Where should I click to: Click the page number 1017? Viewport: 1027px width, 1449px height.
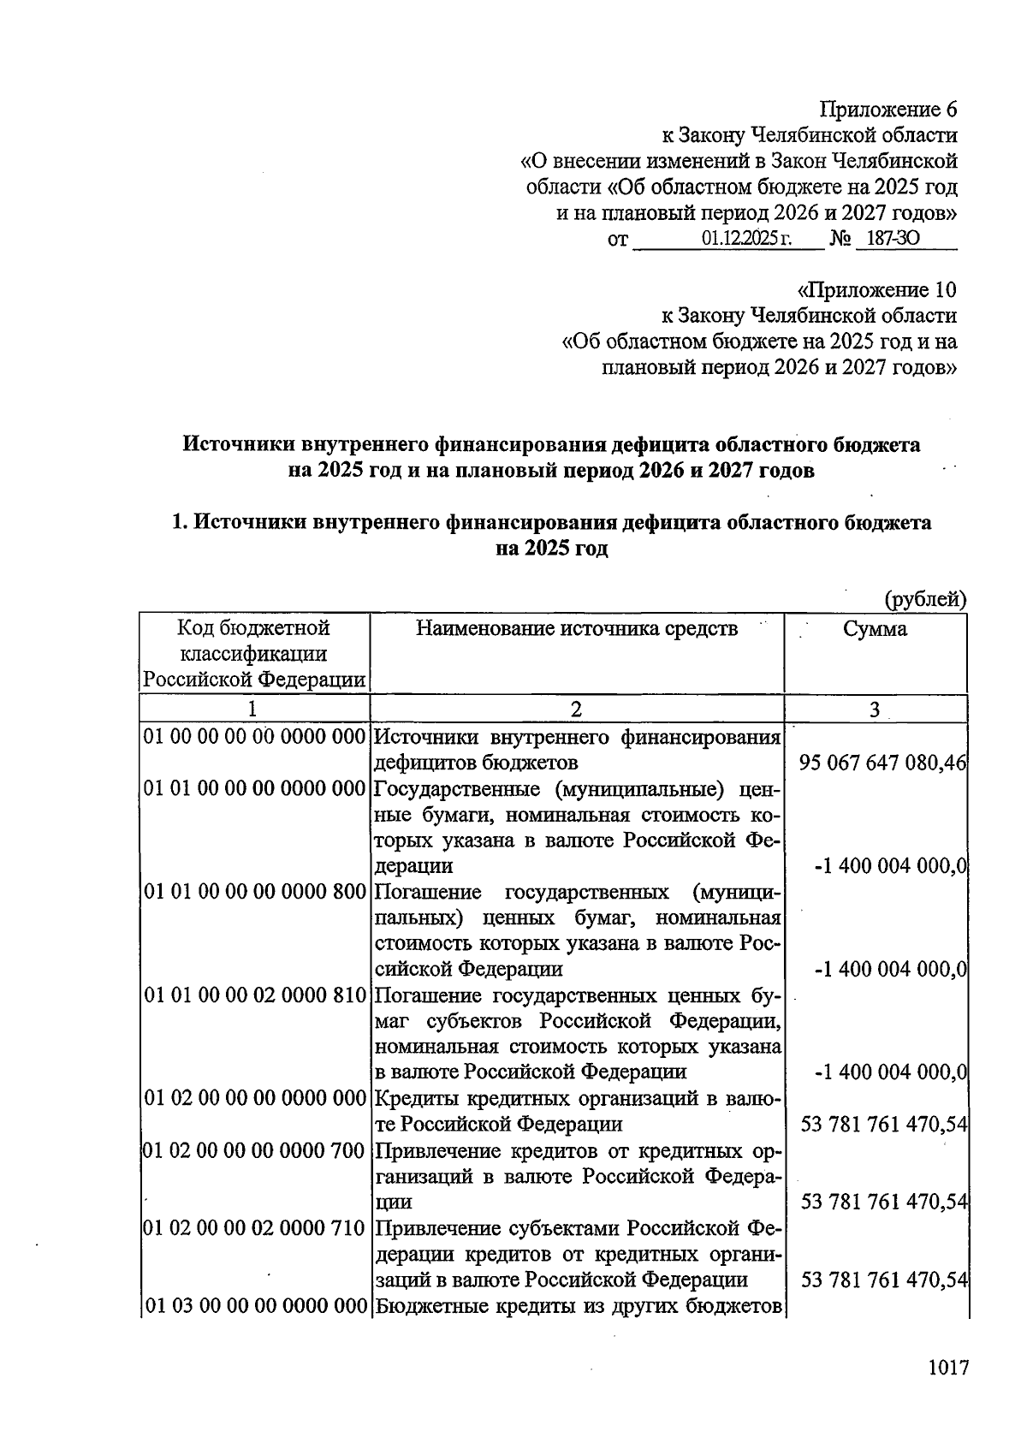click(x=947, y=1368)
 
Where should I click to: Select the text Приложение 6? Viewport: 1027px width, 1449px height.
click(x=887, y=110)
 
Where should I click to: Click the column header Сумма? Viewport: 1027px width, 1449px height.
click(x=875, y=629)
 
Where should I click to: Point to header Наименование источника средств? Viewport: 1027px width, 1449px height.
click(x=576, y=629)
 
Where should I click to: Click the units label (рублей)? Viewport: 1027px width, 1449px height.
click(x=925, y=599)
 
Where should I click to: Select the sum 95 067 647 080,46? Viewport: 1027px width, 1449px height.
click(x=882, y=763)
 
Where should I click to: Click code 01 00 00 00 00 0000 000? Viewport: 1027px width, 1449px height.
click(x=254, y=737)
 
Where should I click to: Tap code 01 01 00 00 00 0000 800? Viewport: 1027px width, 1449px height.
click(x=254, y=892)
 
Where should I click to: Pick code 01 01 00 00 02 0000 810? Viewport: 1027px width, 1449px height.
click(x=254, y=995)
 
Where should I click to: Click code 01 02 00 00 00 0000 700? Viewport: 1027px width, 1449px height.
click(x=254, y=1151)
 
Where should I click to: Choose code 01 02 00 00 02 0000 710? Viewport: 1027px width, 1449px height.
click(x=254, y=1229)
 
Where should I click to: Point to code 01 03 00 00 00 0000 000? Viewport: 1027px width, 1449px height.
click(x=254, y=1307)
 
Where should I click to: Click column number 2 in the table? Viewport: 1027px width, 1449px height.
click(x=576, y=709)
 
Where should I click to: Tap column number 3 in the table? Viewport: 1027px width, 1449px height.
click(x=874, y=709)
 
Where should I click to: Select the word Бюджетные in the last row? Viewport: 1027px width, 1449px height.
click(x=422, y=1307)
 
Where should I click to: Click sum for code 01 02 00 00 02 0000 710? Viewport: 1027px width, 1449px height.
click(x=884, y=1280)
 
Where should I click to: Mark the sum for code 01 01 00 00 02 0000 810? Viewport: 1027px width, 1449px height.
click(x=890, y=1072)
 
